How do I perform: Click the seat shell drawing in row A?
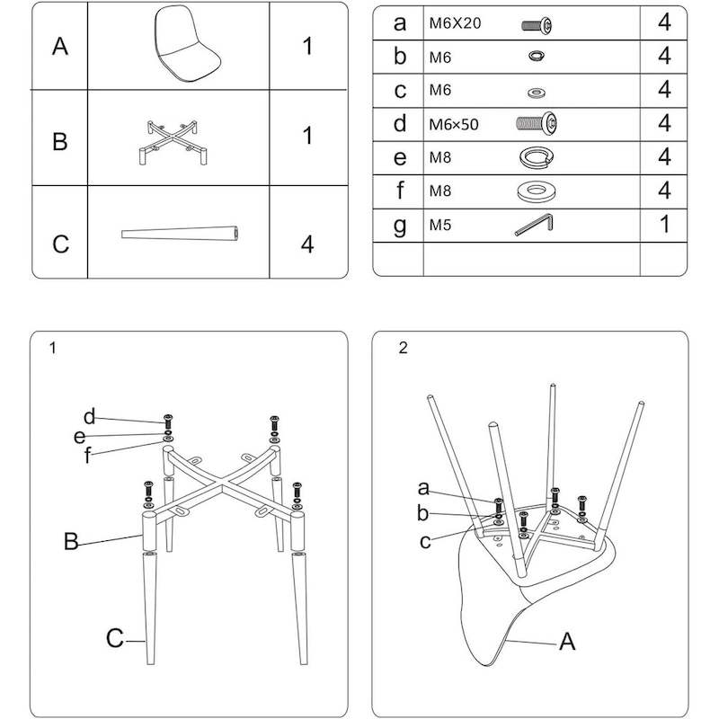(x=186, y=45)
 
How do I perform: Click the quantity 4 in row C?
(x=306, y=244)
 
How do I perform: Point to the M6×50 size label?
(x=454, y=124)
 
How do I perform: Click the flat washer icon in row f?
(x=537, y=191)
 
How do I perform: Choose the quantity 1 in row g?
(x=664, y=224)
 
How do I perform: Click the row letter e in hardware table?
(x=400, y=157)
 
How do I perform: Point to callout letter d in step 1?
(x=89, y=416)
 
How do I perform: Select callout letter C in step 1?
(x=113, y=638)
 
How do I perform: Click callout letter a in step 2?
(x=423, y=489)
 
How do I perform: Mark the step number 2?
(x=403, y=349)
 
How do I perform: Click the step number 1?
(x=54, y=349)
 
